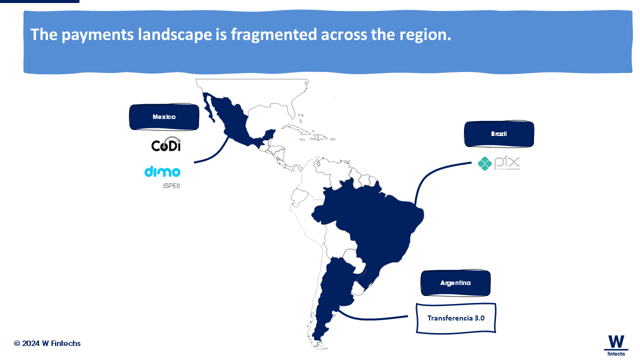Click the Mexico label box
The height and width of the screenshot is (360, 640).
[164, 117]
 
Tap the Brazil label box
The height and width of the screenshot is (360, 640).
[499, 134]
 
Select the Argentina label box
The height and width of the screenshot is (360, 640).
[455, 283]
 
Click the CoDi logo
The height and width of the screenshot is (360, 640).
[166, 144]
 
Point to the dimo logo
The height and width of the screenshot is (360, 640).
[162, 171]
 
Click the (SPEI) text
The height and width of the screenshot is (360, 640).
[171, 185]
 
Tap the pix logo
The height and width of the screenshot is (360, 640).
[499, 163]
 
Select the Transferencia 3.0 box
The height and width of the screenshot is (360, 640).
[456, 318]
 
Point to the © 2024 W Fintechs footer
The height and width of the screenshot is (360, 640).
[47, 343]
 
